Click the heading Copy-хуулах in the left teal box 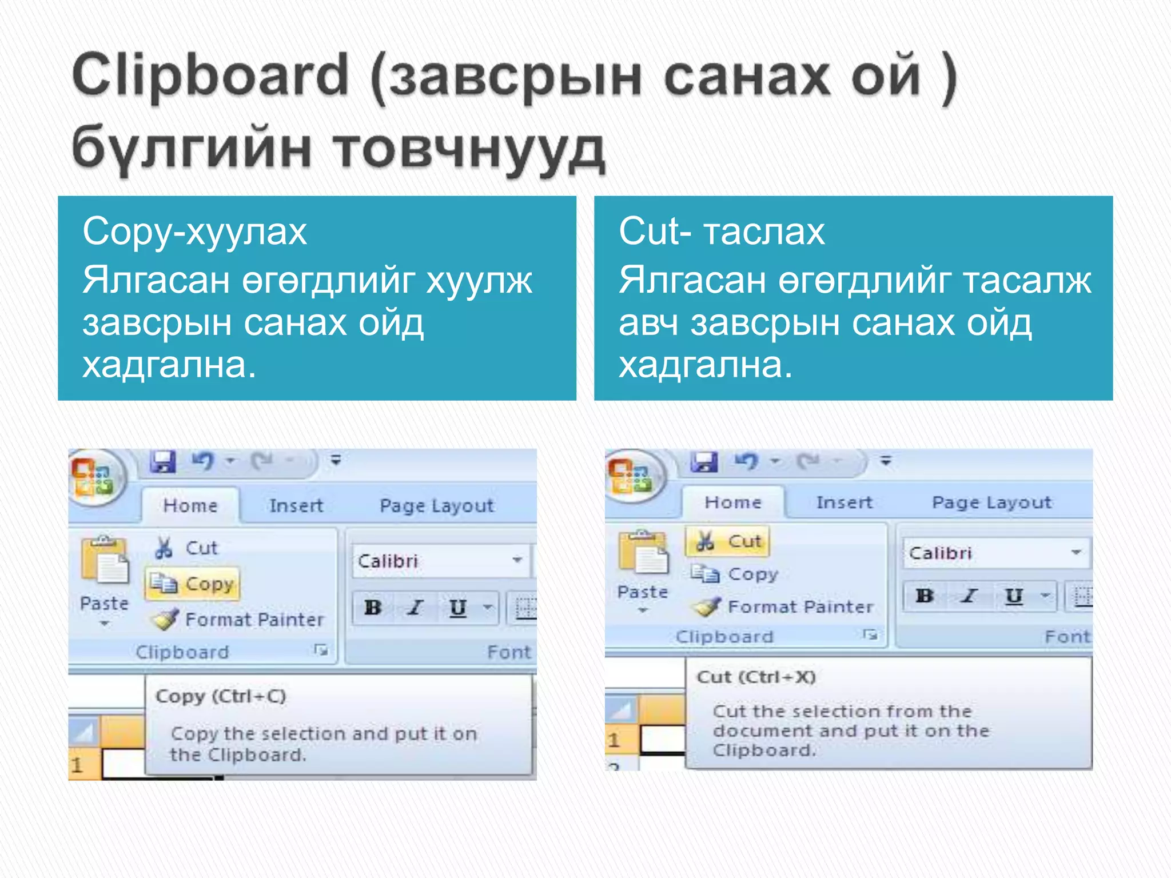[194, 232]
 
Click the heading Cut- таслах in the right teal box [722, 232]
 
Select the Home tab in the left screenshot [190, 505]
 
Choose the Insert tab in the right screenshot [844, 502]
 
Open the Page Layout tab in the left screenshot [436, 506]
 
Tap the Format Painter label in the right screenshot [800, 606]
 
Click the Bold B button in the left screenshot [373, 607]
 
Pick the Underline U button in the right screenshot [1014, 596]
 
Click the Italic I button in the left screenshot [415, 607]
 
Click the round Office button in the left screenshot [93, 477]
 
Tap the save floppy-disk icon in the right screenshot [704, 461]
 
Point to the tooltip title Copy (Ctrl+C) [221, 696]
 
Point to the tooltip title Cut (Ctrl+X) [756, 677]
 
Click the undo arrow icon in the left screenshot [203, 461]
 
